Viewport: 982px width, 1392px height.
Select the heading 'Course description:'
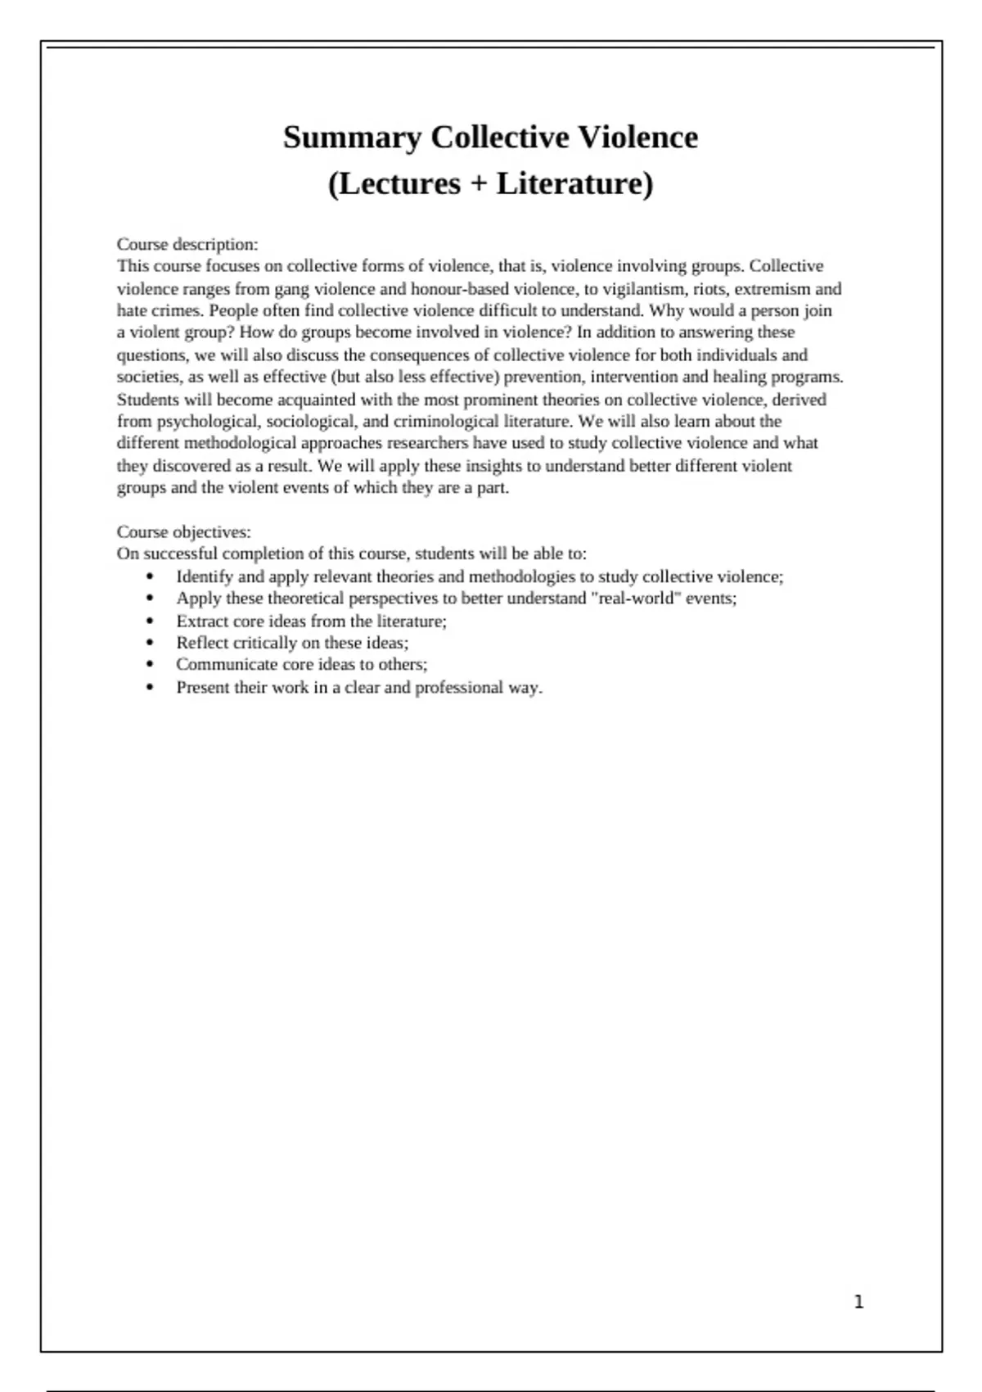click(187, 244)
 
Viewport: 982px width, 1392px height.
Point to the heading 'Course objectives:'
click(184, 531)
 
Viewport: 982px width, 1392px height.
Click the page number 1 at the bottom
click(858, 1302)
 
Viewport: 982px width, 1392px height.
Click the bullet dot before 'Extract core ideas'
click(150, 621)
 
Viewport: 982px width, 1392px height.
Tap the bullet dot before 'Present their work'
click(150, 688)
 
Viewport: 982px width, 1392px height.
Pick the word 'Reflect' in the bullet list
click(202, 643)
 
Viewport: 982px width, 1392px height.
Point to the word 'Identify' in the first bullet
click(205, 576)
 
